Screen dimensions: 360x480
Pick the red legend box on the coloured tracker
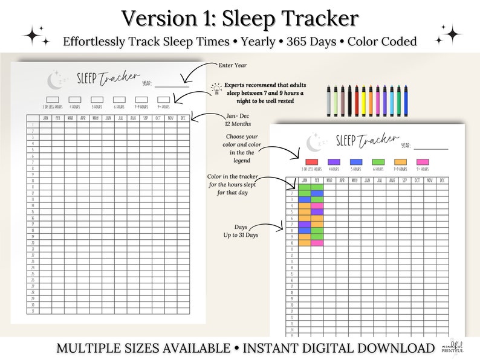tap(311, 162)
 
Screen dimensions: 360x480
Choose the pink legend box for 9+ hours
tap(423, 162)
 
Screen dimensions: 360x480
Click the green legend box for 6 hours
tap(378, 162)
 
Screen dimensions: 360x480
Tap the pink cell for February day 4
tap(317, 206)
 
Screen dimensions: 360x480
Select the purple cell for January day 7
tap(304, 225)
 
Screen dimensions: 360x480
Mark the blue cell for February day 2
tap(317, 193)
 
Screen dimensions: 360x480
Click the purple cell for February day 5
tap(317, 212)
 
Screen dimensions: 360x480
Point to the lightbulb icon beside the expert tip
tap(216, 88)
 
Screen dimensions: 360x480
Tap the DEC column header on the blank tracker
tap(183, 118)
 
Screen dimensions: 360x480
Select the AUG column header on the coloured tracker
tap(391, 180)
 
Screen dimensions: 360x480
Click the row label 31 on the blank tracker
tap(33, 312)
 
